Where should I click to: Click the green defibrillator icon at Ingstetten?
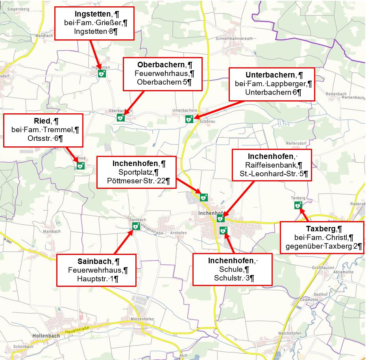coord(102,73)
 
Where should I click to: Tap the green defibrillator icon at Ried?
coord(80,166)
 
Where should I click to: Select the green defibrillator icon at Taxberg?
coord(298,205)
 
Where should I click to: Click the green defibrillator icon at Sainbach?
coord(136,226)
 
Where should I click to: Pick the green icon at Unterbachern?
coord(189,119)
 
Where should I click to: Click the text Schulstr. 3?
coord(231,278)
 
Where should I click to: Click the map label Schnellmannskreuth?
coord(234,39)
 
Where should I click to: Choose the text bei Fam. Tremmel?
coord(43,129)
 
